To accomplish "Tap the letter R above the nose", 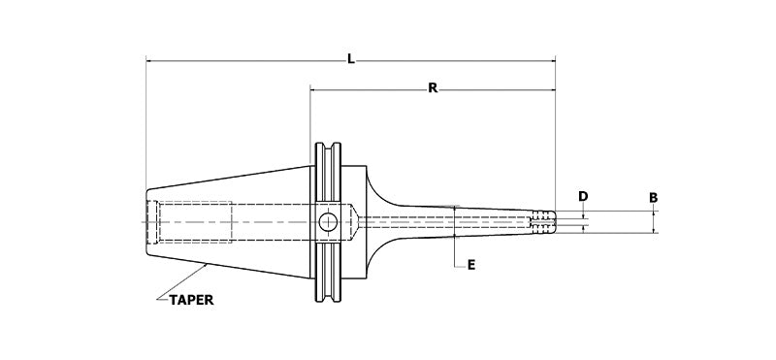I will (x=433, y=88).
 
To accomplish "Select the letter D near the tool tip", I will (x=583, y=197).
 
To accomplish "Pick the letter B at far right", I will (x=654, y=197).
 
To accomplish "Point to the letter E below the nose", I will (x=470, y=264).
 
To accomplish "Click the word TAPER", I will (x=189, y=300).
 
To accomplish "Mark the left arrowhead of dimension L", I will (x=149, y=60).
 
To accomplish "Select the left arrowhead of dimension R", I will (x=313, y=88).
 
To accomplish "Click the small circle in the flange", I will (x=329, y=222).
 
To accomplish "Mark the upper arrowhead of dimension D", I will (x=583, y=212).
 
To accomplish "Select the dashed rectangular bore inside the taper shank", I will (x=194, y=222).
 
